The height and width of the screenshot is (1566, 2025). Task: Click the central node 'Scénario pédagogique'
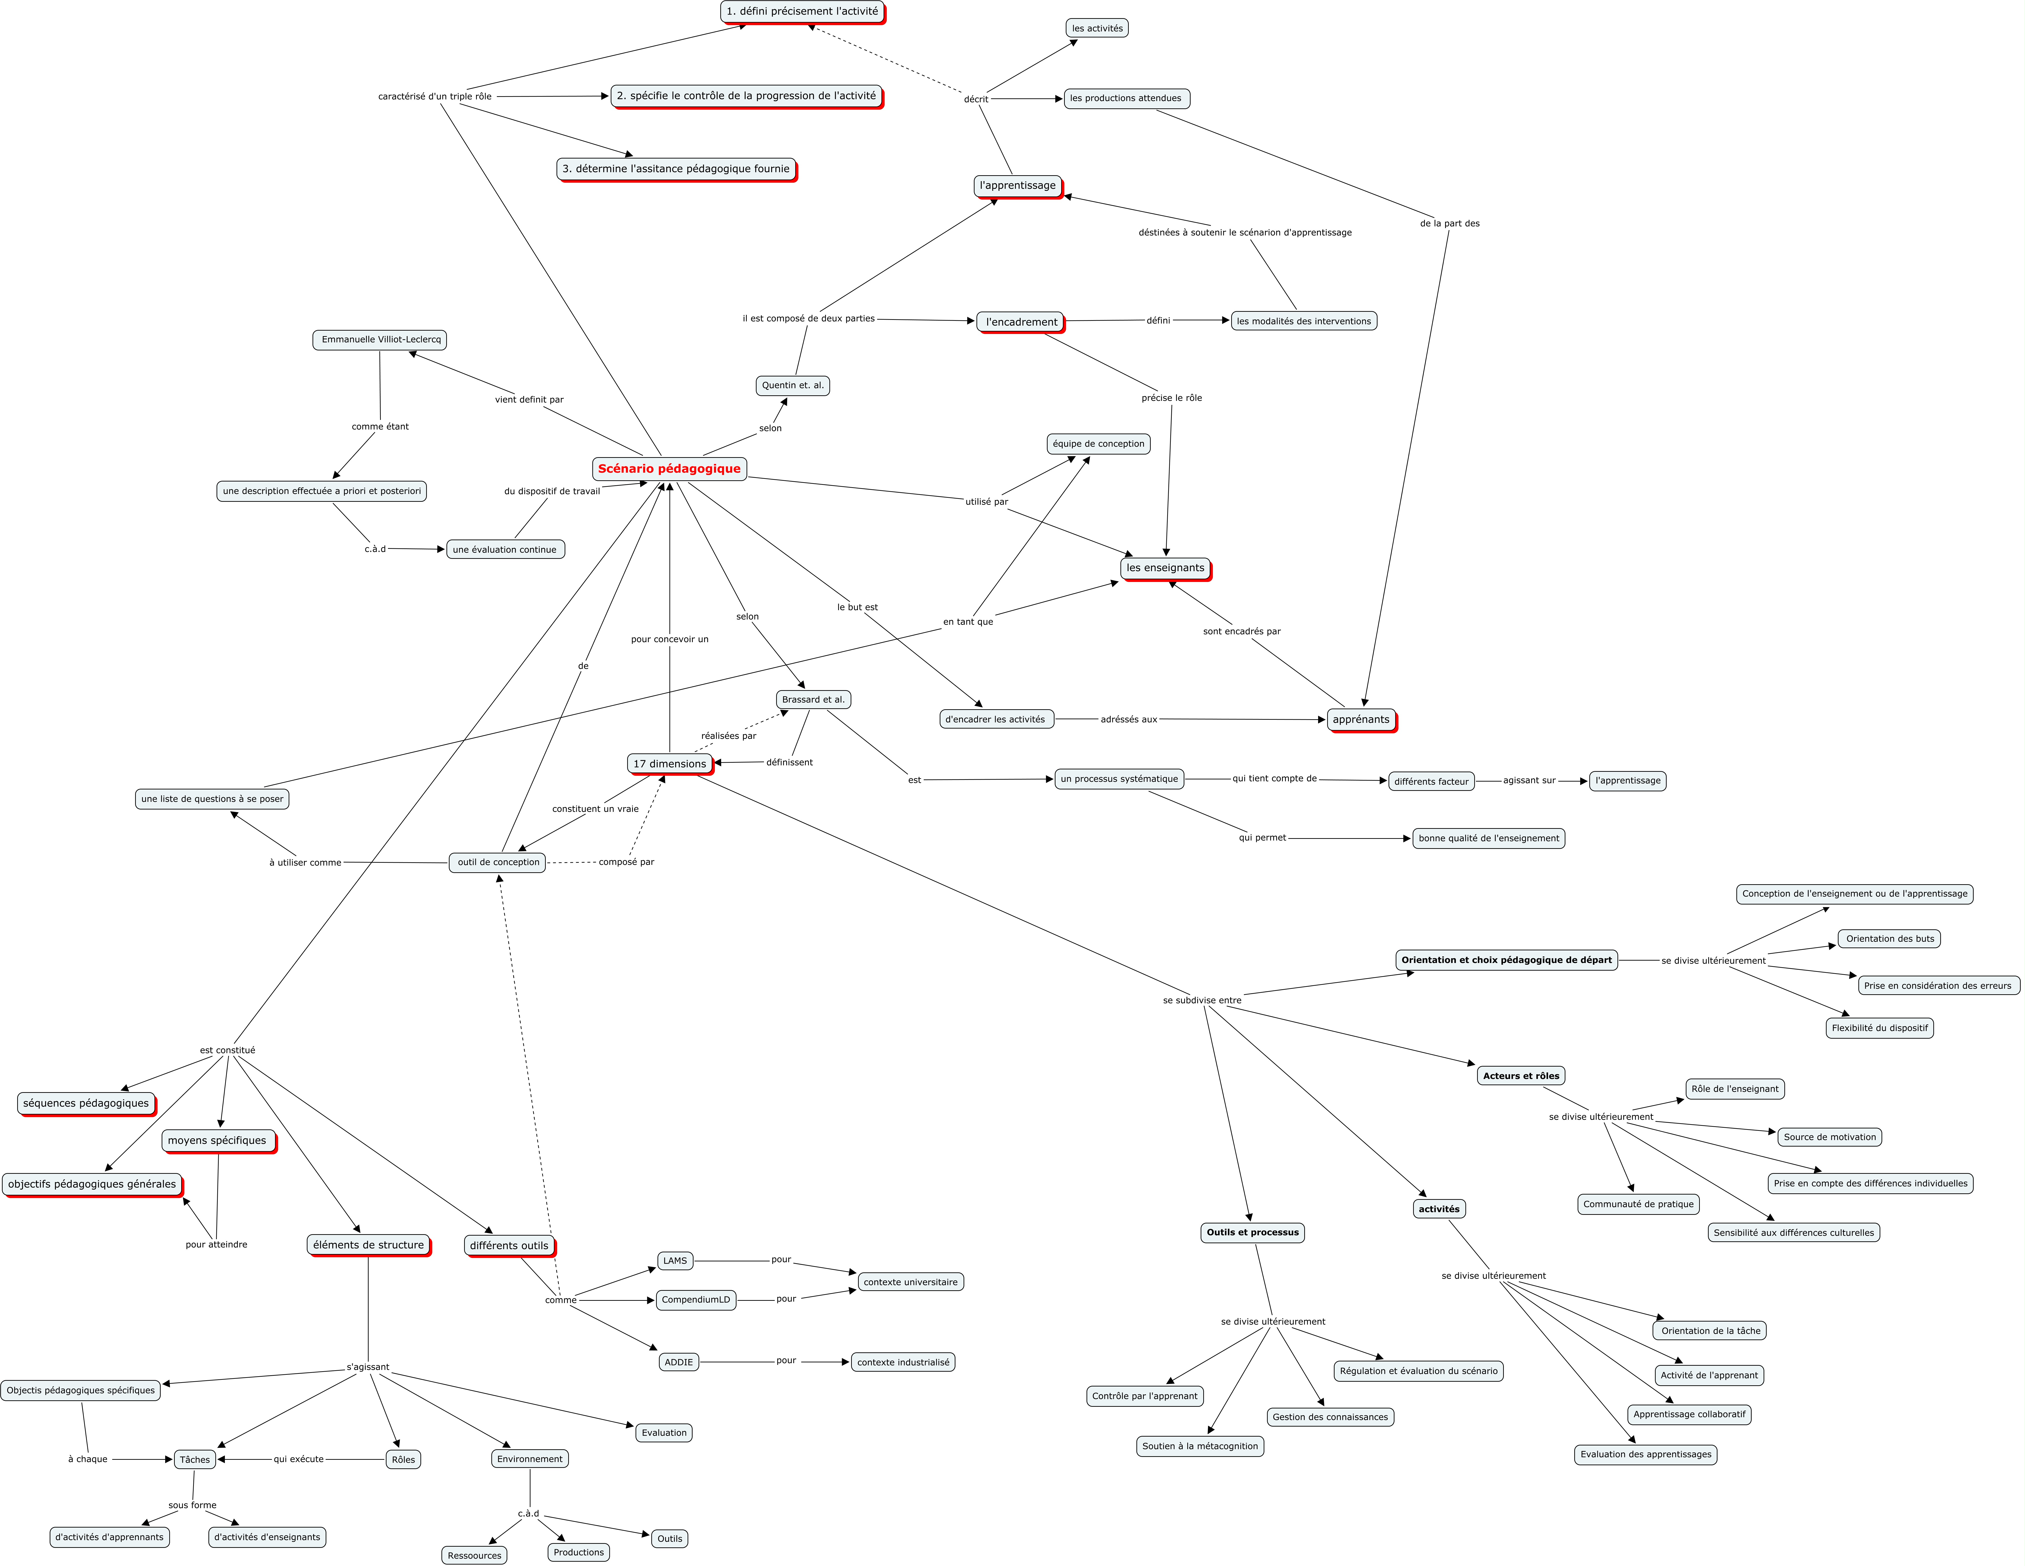[x=669, y=469]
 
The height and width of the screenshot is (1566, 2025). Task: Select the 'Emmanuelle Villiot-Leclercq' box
[x=380, y=339]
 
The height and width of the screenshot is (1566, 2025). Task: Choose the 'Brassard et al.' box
[x=813, y=700]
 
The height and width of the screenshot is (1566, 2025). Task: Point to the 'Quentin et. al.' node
[x=793, y=386]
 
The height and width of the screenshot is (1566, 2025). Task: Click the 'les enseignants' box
[x=1166, y=568]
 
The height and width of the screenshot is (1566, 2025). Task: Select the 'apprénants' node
[x=1361, y=720]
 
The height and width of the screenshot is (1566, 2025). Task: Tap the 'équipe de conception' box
[x=1099, y=444]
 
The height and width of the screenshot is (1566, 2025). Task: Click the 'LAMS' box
[x=675, y=1261]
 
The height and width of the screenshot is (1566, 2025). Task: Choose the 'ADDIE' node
[x=679, y=1362]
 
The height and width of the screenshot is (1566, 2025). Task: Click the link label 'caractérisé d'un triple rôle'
[x=435, y=96]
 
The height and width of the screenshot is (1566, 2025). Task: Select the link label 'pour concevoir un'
[x=669, y=639]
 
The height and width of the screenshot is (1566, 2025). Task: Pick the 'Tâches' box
[x=195, y=1459]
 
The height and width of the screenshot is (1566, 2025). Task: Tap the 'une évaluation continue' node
[x=505, y=550]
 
